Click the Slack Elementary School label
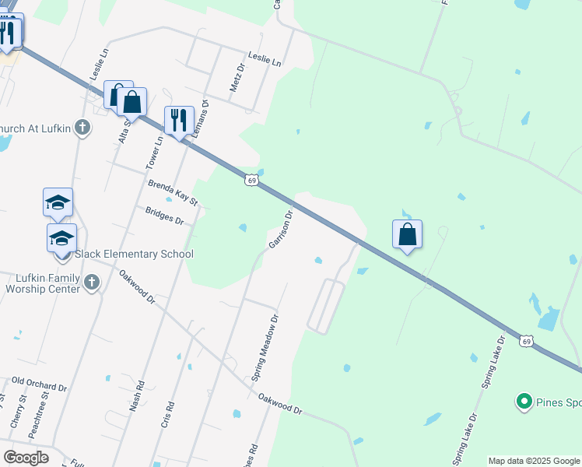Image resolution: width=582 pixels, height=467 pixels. (x=134, y=254)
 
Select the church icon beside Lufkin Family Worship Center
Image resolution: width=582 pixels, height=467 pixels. (x=92, y=283)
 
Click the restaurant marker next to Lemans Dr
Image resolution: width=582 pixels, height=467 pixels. (x=179, y=121)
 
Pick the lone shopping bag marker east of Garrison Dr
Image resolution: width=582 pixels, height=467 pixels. (x=407, y=233)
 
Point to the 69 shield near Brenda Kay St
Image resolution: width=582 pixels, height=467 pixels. (x=251, y=181)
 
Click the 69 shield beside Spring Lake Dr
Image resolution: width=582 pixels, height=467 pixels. (x=527, y=341)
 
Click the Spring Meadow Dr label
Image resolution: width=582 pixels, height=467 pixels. (x=265, y=347)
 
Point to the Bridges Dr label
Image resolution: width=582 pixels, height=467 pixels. (x=163, y=215)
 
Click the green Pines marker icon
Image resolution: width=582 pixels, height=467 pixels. (x=524, y=402)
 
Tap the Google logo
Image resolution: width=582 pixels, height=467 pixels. (x=26, y=458)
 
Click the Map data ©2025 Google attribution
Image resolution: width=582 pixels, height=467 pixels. (x=535, y=461)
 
